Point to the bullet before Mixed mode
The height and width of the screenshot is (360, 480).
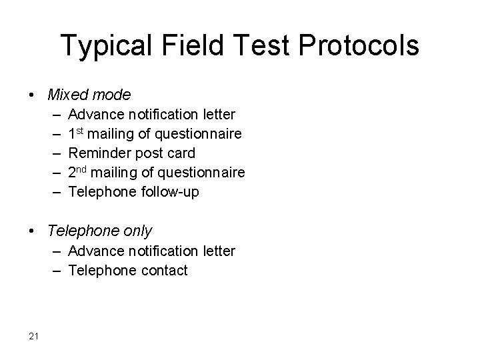pyautogui.click(x=33, y=95)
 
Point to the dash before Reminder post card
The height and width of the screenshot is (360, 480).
pyautogui.click(x=53, y=153)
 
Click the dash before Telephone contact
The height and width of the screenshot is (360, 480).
pyautogui.click(x=53, y=270)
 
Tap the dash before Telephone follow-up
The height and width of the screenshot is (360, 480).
pyautogui.click(x=53, y=192)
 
